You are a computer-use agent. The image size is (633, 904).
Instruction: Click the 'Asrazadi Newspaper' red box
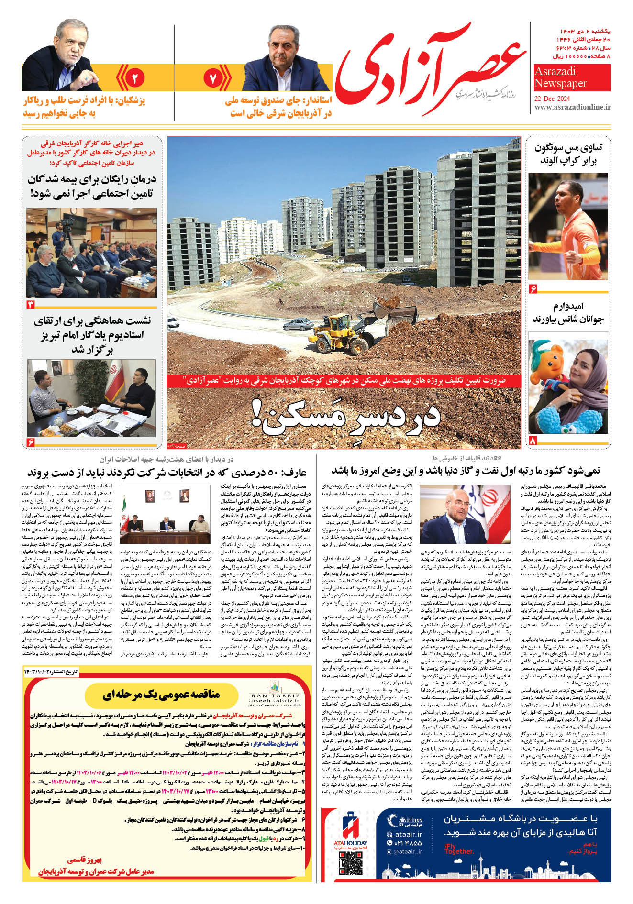(x=572, y=77)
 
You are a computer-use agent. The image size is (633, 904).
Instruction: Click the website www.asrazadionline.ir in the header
(x=572, y=108)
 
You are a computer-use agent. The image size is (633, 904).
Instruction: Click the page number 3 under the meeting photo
(x=31, y=305)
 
